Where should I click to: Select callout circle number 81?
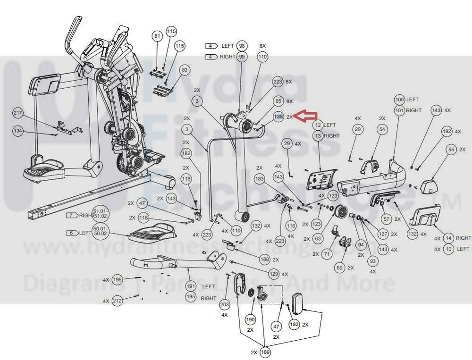pos(157,36)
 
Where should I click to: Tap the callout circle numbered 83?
pos(185,70)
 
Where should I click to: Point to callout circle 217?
pos(18,113)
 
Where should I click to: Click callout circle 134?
pos(18,131)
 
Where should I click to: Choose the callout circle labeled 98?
pos(242,46)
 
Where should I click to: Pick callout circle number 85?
pos(278,101)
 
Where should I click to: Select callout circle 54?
pos(382,129)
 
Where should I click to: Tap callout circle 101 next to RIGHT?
pos(400,110)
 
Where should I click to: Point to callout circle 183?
pos(259,179)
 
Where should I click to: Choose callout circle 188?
pos(264,260)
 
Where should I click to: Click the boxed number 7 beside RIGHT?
pos(71,215)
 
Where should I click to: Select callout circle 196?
pos(118,280)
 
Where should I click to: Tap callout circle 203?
pos(225,305)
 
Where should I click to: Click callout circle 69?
pos(339,268)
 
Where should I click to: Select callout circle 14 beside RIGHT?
pos(449,238)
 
